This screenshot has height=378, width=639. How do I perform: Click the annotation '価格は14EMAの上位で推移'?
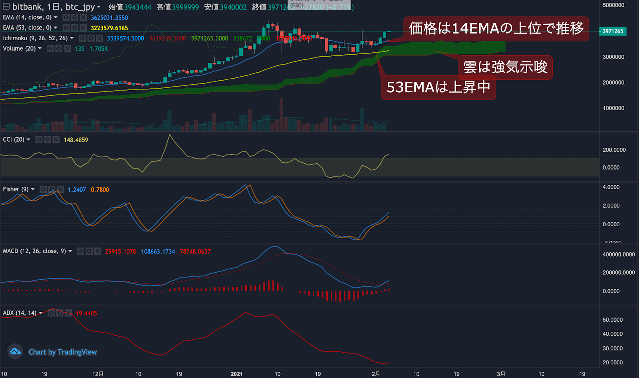click(x=496, y=29)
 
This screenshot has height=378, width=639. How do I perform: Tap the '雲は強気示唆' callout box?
click(x=505, y=67)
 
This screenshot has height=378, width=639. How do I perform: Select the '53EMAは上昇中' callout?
click(x=438, y=87)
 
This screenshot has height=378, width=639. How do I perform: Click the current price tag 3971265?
click(x=613, y=31)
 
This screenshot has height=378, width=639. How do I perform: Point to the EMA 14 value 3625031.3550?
click(x=109, y=18)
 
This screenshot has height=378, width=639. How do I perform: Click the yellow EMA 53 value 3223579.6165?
click(x=109, y=28)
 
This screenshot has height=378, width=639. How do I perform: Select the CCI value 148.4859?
click(x=76, y=140)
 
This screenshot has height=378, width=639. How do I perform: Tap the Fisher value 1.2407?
click(x=77, y=190)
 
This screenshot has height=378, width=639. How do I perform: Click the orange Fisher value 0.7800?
click(x=100, y=190)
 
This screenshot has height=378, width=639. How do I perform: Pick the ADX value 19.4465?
click(x=86, y=313)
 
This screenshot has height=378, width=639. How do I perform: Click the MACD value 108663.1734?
click(x=158, y=251)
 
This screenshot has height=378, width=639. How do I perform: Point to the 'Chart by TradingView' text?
click(x=63, y=352)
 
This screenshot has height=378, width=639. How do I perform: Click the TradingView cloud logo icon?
click(x=15, y=352)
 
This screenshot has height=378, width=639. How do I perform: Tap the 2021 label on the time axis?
click(x=236, y=374)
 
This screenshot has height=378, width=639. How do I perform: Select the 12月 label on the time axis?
click(x=98, y=374)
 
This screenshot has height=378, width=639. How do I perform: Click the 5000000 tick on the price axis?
click(x=613, y=5)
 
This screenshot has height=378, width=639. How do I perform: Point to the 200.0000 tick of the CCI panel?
click(x=614, y=150)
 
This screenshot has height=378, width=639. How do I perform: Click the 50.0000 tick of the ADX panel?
click(x=613, y=320)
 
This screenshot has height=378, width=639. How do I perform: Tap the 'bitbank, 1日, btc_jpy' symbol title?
click(x=54, y=7)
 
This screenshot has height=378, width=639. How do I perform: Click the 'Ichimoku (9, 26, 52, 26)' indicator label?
click(x=35, y=38)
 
